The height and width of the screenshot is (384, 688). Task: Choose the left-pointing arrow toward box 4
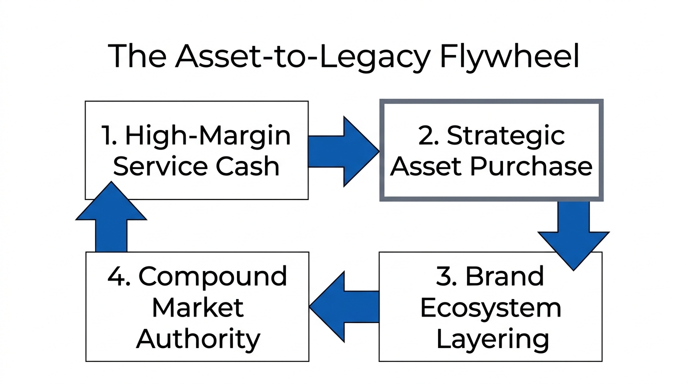pyautogui.click(x=344, y=306)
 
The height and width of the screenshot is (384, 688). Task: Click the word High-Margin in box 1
pyautogui.click(x=207, y=136)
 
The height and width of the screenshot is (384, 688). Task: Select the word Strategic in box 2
pyautogui.click(x=505, y=136)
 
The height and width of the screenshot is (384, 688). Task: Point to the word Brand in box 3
pyautogui.click(x=504, y=277)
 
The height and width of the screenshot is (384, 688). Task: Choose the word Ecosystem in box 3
pyautogui.click(x=490, y=308)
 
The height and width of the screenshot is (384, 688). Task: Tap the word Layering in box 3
pyautogui.click(x=492, y=339)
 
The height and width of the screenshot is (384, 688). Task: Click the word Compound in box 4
pyautogui.click(x=212, y=277)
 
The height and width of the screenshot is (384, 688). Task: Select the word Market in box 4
pyautogui.click(x=197, y=308)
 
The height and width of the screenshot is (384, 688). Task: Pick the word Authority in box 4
pyautogui.click(x=198, y=339)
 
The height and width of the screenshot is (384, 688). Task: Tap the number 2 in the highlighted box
pyautogui.click(x=427, y=136)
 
